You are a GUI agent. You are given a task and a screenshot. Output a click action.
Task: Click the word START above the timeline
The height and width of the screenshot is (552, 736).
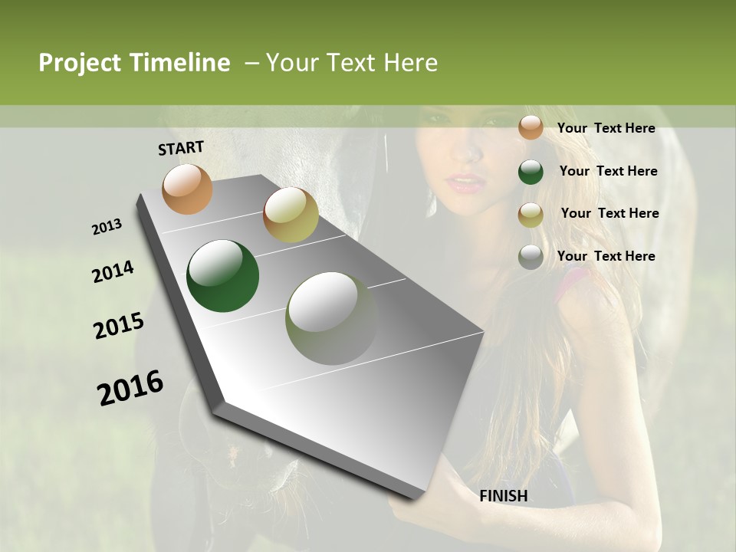[181, 148]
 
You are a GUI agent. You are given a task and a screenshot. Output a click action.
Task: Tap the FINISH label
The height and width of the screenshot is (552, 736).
[504, 496]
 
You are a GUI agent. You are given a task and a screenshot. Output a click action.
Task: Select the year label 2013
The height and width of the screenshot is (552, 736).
[107, 227]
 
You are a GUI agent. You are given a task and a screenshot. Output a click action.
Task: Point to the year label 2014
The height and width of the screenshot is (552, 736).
[113, 272]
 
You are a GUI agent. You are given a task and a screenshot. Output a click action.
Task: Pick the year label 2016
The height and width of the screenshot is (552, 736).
[130, 388]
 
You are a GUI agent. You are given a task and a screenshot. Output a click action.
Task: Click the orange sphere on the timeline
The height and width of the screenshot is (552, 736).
[188, 189]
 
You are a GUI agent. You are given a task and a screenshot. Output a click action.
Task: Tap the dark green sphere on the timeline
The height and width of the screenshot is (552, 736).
[222, 275]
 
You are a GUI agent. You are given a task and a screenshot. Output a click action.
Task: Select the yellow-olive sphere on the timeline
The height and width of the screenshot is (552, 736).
[291, 215]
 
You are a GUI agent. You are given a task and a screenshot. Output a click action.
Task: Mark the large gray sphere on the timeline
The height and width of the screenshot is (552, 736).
[331, 318]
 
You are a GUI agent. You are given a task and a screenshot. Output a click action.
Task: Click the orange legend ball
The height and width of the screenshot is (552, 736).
[531, 128]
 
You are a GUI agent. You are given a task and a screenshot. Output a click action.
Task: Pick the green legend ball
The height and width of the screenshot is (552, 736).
[531, 172]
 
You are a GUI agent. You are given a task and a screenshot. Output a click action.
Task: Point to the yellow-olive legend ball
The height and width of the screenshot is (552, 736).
[531, 215]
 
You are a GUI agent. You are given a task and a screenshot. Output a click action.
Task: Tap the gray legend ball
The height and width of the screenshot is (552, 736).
[531, 258]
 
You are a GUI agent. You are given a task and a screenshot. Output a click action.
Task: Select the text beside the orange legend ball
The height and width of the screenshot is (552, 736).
[606, 128]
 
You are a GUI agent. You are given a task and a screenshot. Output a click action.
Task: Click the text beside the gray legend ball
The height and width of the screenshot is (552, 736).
[606, 256]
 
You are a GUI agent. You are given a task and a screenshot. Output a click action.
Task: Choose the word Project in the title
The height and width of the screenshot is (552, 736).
[79, 63]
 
